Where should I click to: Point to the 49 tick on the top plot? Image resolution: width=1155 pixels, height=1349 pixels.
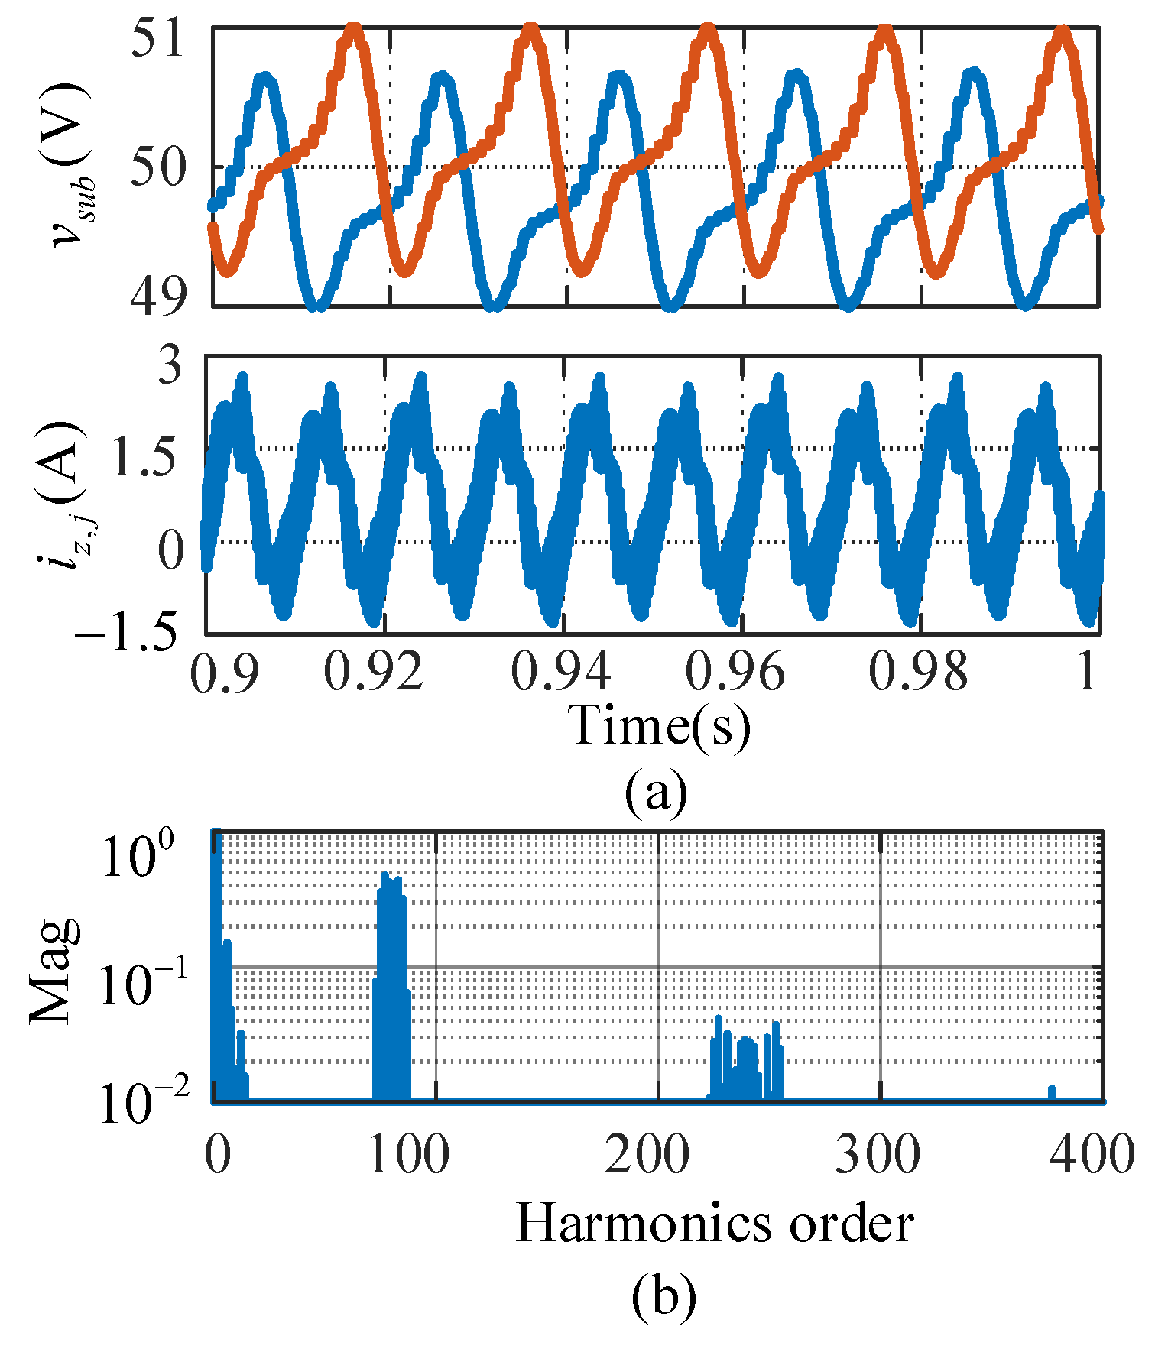tap(158, 297)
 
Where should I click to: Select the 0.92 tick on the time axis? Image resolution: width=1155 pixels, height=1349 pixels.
tap(373, 673)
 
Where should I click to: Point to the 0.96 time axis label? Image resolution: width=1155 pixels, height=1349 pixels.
tap(735, 673)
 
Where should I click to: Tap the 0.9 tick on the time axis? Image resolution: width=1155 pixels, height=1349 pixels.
tap(222, 673)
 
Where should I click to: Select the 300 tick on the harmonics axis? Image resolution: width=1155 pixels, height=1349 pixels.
tap(878, 1154)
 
